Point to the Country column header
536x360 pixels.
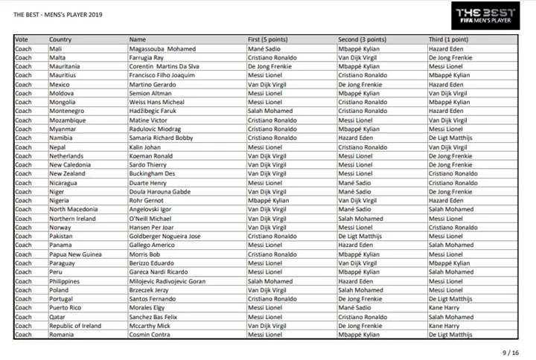60,39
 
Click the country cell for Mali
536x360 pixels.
55,48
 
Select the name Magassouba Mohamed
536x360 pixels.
162,48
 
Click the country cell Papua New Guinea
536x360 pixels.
76,254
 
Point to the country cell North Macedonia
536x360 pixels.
73,209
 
